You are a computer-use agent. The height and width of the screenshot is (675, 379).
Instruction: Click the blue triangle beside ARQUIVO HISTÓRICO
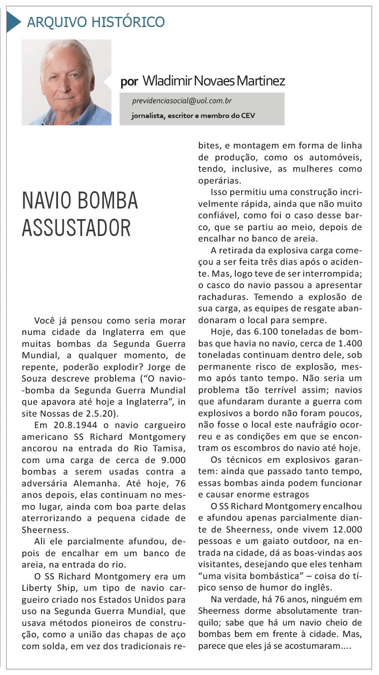coord(13,22)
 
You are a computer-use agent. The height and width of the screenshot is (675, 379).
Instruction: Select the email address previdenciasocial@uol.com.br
coord(182,101)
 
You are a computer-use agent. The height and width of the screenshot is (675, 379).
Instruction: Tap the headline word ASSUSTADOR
coord(76,228)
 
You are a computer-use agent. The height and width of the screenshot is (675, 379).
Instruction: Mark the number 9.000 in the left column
coord(173,460)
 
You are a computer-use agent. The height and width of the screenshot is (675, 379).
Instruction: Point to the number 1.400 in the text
coord(350,343)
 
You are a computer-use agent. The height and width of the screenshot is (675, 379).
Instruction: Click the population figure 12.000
coord(347,530)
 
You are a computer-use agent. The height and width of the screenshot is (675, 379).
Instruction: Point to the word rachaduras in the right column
coord(223,297)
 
